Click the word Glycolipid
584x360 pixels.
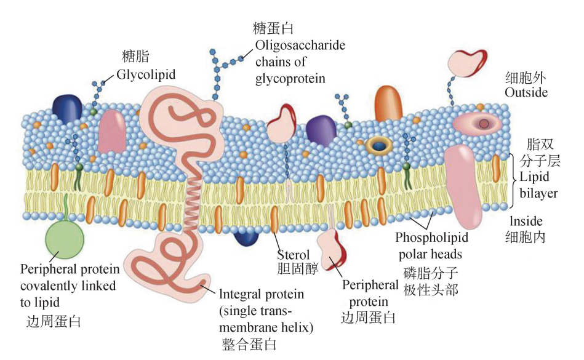tap(146, 74)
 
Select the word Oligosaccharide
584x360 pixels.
tap(300, 46)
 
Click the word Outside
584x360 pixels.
tap(526, 93)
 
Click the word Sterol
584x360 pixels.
tap(292, 255)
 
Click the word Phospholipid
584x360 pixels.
tap(431, 238)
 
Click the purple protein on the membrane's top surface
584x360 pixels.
tap(321, 129)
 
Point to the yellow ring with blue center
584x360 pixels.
tap(380, 145)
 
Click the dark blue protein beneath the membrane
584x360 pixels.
tap(246, 236)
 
